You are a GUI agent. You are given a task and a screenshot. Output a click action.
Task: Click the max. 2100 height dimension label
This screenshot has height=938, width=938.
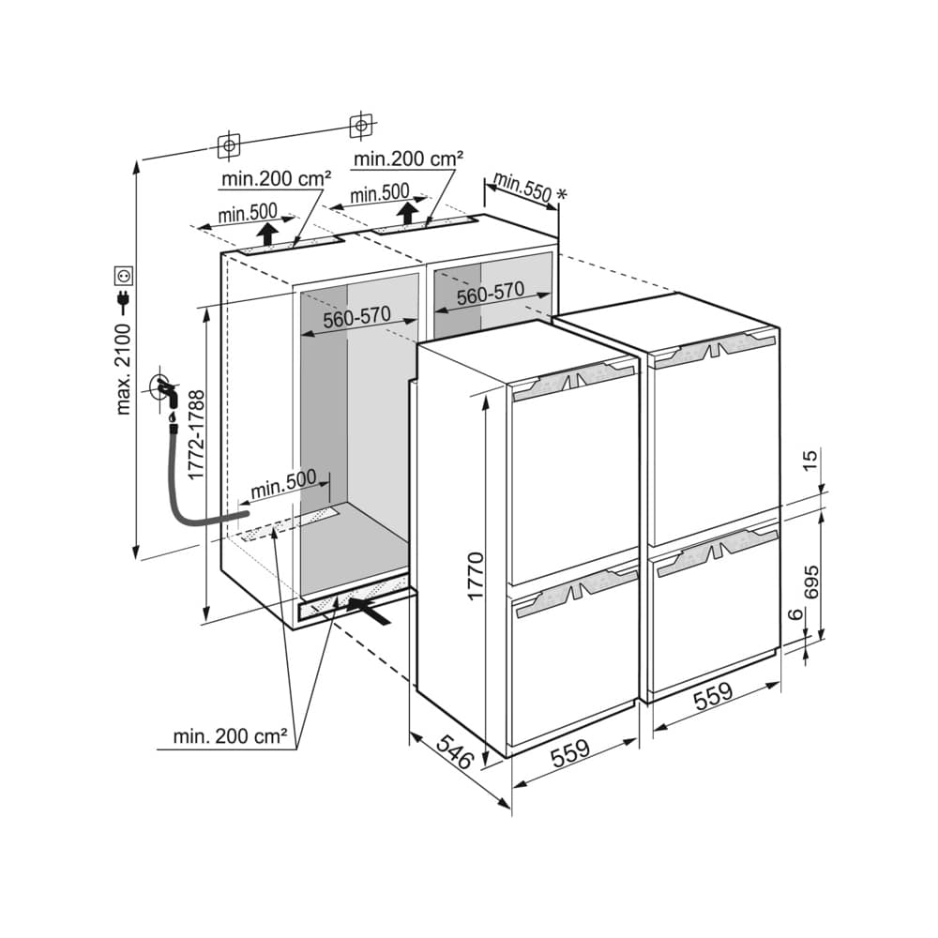pyautogui.click(x=123, y=369)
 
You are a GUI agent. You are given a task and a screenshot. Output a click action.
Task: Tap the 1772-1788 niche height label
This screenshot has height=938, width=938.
pyautogui.click(x=196, y=435)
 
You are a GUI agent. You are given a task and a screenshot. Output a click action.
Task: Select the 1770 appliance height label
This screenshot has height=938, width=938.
pyautogui.click(x=476, y=576)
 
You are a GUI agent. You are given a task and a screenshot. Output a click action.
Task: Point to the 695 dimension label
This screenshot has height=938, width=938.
pyautogui.click(x=811, y=582)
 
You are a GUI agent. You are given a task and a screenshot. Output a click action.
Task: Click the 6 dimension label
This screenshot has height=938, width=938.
pyautogui.click(x=794, y=614)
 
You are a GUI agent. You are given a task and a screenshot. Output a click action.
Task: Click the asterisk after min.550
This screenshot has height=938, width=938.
pyautogui.click(x=561, y=194)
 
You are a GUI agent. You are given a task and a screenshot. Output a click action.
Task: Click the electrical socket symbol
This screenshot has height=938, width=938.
pyautogui.click(x=125, y=276)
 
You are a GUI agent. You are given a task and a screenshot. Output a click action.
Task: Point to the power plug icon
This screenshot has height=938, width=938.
pyautogui.click(x=124, y=303)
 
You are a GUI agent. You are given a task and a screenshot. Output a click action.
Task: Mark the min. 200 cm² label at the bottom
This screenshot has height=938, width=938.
pyautogui.click(x=231, y=735)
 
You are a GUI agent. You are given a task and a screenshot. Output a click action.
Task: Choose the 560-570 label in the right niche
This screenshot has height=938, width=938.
pyautogui.click(x=491, y=293)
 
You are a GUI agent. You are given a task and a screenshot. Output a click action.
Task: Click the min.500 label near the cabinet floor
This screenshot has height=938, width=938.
pyautogui.click(x=283, y=485)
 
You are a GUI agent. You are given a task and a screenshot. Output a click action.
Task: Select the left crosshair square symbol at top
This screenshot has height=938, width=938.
pyautogui.click(x=229, y=145)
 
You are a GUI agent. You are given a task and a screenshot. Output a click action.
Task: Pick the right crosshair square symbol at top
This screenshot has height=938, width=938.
pyautogui.click(x=361, y=126)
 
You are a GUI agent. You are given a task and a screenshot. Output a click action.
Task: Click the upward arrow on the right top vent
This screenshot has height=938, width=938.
pyautogui.click(x=408, y=213)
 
